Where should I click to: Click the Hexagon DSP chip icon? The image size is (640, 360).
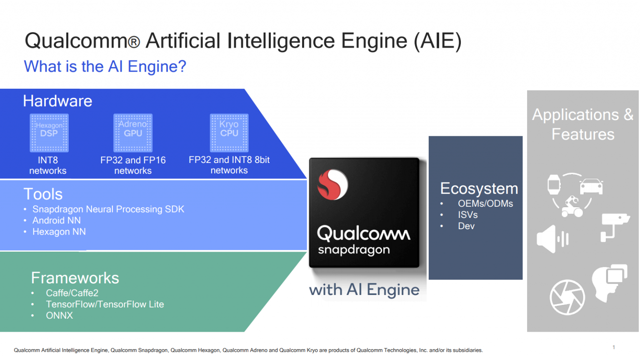click(49, 133)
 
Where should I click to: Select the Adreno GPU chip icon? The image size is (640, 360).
click(133, 133)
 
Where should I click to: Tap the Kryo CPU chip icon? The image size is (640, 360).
click(229, 133)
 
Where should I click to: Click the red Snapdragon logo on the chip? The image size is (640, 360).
click(332, 185)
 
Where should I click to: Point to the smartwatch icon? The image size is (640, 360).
click(554, 184)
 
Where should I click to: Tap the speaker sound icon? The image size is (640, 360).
click(552, 239)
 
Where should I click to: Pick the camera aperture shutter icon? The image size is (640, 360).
click(567, 297)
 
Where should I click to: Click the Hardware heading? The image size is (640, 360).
click(57, 101)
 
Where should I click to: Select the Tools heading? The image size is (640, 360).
click(43, 194)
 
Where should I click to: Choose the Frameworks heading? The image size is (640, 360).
click(75, 278)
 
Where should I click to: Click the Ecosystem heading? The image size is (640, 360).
click(479, 189)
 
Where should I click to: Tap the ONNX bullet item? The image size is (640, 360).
click(59, 315)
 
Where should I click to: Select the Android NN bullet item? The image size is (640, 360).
click(56, 220)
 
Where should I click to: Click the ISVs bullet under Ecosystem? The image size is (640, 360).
click(467, 215)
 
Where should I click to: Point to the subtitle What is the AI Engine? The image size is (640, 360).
click(105, 67)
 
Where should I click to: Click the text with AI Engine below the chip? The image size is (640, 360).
click(364, 290)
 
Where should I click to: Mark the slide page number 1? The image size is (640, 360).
click(614, 347)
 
